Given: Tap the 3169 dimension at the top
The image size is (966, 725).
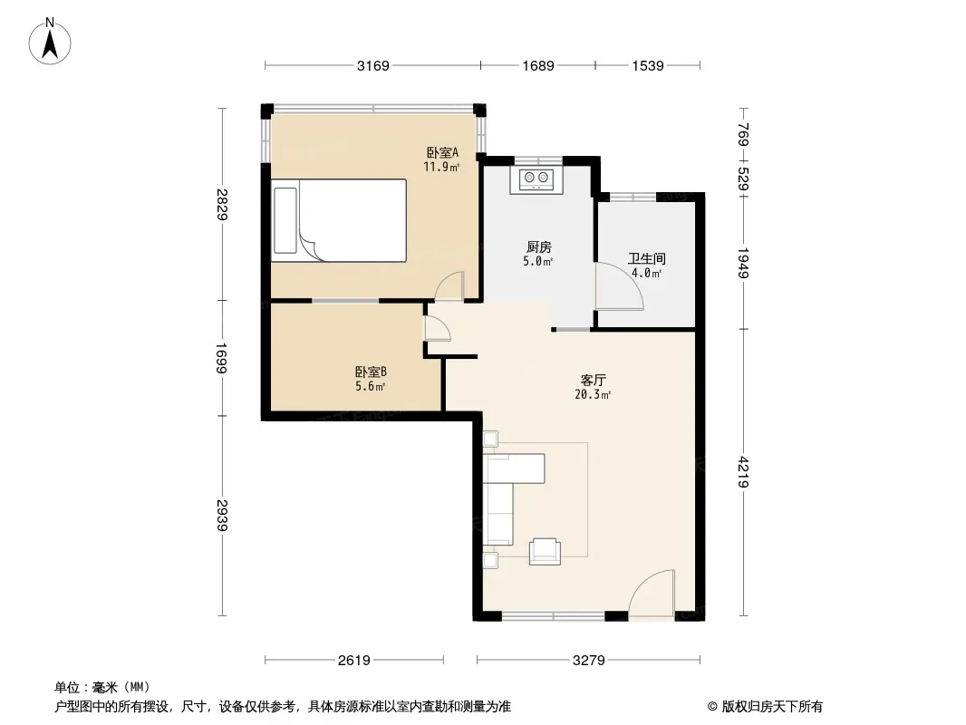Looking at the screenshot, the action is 372,65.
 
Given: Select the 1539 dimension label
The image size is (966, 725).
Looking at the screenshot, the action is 648,65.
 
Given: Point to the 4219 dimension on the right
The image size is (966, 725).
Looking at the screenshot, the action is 744,472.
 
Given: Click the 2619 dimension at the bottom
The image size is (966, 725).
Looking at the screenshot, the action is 353,661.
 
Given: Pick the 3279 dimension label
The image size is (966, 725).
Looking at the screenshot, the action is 588,661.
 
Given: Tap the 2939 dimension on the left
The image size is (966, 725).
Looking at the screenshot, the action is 222,515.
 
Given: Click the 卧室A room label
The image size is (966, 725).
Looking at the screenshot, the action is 442,151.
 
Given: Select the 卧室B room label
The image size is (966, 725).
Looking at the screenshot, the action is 371,372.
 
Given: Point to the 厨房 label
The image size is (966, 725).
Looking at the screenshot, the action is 538,247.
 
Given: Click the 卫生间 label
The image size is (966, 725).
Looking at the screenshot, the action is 646,258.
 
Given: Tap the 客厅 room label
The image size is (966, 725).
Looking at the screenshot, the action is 593,380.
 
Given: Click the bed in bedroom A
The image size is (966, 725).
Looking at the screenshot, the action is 339,220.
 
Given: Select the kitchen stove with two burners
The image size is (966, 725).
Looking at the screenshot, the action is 536,179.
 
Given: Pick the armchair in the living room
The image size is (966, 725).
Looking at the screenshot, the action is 545,551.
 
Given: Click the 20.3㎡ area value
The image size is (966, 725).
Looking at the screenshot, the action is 593,394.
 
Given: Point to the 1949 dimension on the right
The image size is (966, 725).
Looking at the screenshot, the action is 744,263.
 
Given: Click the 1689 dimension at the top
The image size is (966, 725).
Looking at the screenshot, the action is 538,65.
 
